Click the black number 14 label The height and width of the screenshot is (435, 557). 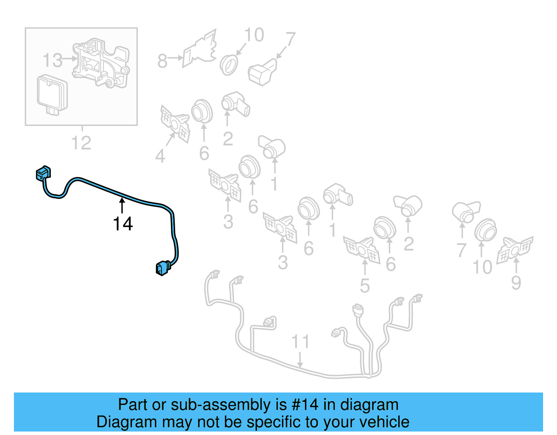coord(123,224)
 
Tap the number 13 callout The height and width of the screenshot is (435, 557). coord(52,60)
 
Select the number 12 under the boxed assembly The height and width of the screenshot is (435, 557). coord(81,143)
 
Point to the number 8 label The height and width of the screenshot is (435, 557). coord(162,61)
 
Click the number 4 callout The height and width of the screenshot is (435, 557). coord(160,156)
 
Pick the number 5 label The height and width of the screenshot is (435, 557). coord(364,286)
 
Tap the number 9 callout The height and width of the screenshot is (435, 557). coord(516,283)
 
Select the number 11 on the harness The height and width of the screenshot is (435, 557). coord(300,342)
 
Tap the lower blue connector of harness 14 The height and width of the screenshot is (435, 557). coord(162,268)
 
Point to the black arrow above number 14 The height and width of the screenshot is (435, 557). coord(122,205)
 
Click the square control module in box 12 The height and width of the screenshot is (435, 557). coord(52,93)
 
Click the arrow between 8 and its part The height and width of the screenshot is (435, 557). coord(176,58)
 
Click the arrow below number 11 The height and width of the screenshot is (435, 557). coord(300,359)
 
